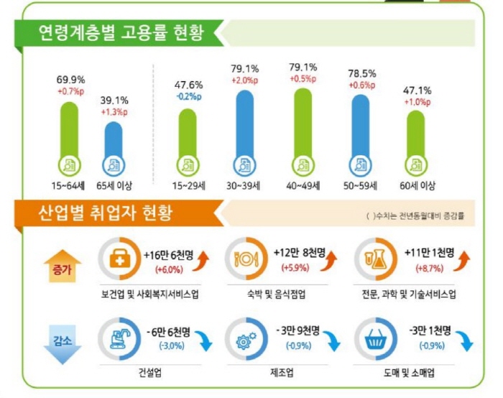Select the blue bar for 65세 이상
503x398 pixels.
click(x=114, y=148)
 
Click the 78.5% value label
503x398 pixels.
click(x=362, y=73)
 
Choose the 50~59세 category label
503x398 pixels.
click(x=361, y=185)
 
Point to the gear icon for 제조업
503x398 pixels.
click(x=246, y=338)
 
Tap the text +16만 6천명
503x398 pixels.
click(x=167, y=256)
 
